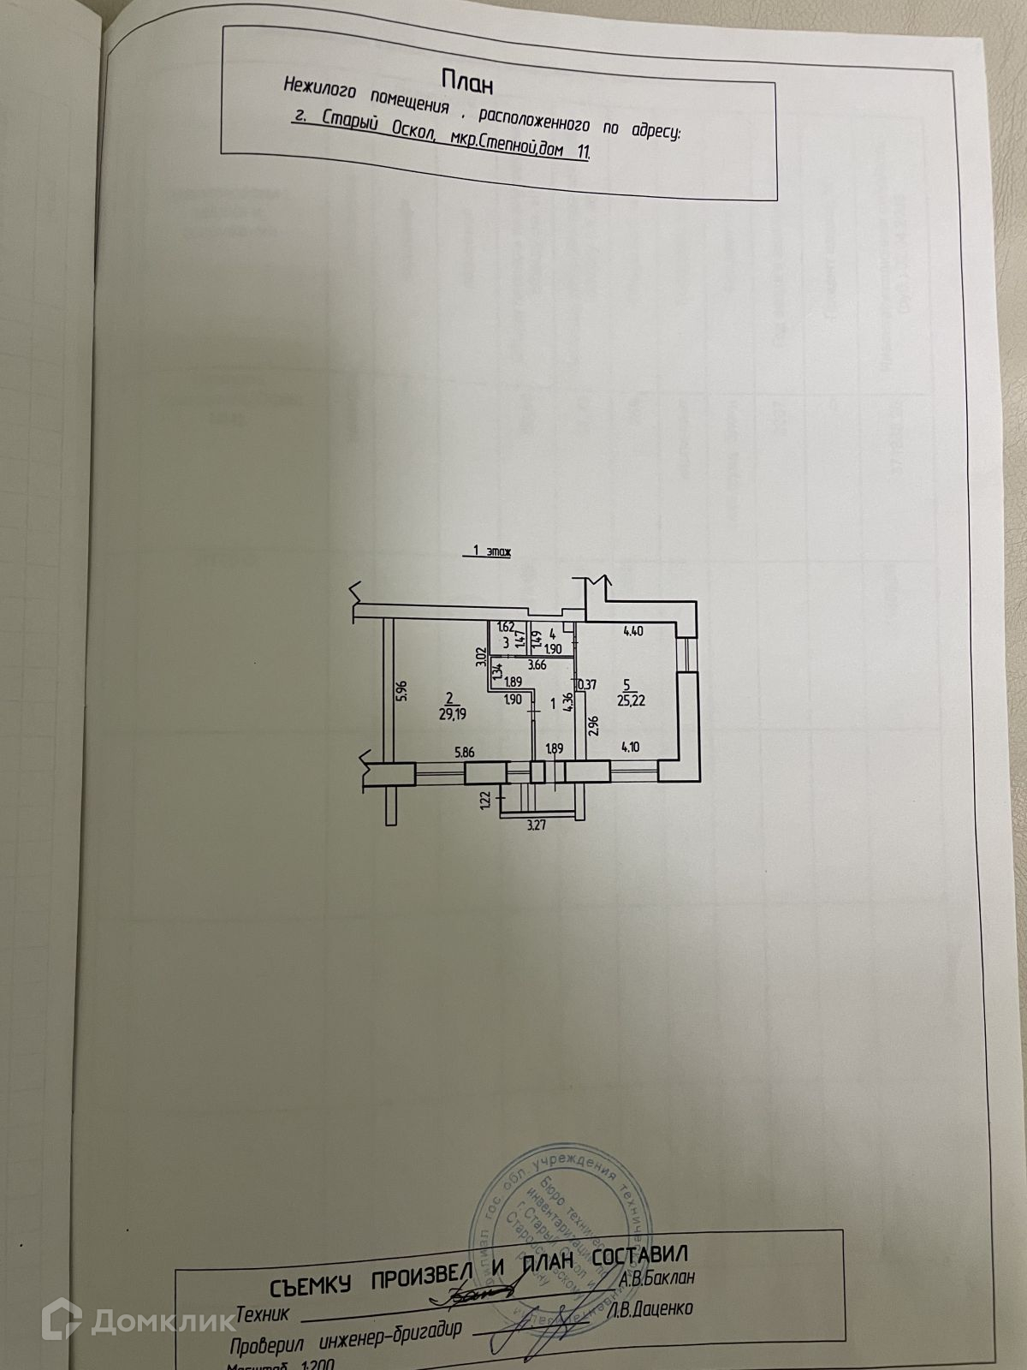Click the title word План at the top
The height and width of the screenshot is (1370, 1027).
[x=467, y=81]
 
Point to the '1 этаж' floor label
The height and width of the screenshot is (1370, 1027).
[x=486, y=553]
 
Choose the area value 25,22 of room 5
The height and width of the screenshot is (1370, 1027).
[x=634, y=699]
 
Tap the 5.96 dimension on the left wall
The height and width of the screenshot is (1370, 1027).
[x=397, y=691]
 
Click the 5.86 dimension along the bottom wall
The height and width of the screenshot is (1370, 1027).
[x=465, y=752]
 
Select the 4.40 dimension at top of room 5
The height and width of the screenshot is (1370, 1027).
[x=633, y=632]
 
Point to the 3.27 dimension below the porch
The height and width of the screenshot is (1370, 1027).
[x=535, y=826]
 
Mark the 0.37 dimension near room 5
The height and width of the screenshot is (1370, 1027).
[x=588, y=685]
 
